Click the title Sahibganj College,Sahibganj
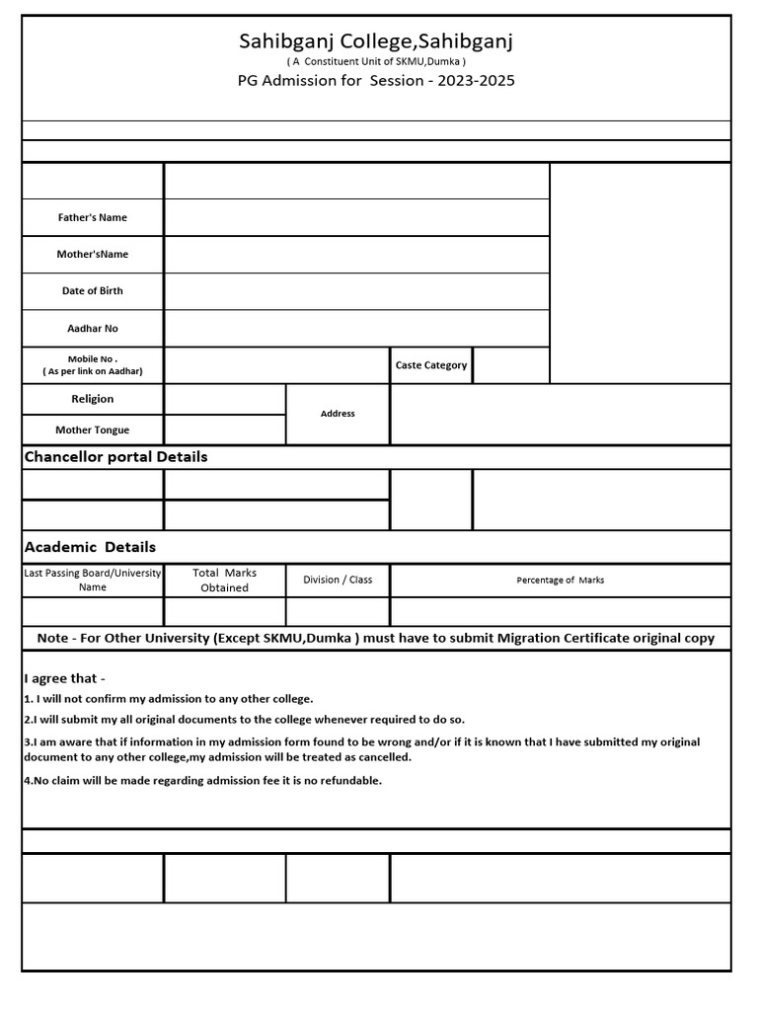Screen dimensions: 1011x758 click(x=376, y=41)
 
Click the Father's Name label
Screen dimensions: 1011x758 click(x=93, y=217)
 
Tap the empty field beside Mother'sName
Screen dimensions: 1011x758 click(x=356, y=254)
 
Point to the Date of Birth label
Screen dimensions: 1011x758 click(x=93, y=291)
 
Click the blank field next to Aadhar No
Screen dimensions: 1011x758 click(x=356, y=328)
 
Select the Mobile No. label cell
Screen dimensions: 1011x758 click(x=93, y=364)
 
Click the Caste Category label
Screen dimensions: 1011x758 click(x=431, y=365)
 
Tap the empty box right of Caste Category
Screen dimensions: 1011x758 click(x=511, y=365)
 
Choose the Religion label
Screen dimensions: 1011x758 click(x=93, y=399)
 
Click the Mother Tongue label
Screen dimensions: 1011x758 click(x=93, y=430)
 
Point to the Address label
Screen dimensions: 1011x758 click(x=338, y=414)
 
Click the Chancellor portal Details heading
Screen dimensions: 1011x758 click(x=115, y=457)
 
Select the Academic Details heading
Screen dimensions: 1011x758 click(x=90, y=547)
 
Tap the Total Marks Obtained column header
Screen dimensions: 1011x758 click(x=225, y=581)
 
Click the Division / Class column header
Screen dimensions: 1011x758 click(x=338, y=580)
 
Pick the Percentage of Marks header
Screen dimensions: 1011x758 click(x=561, y=581)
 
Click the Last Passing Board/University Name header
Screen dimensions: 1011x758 click(x=93, y=580)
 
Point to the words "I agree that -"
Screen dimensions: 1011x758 click(x=64, y=678)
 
